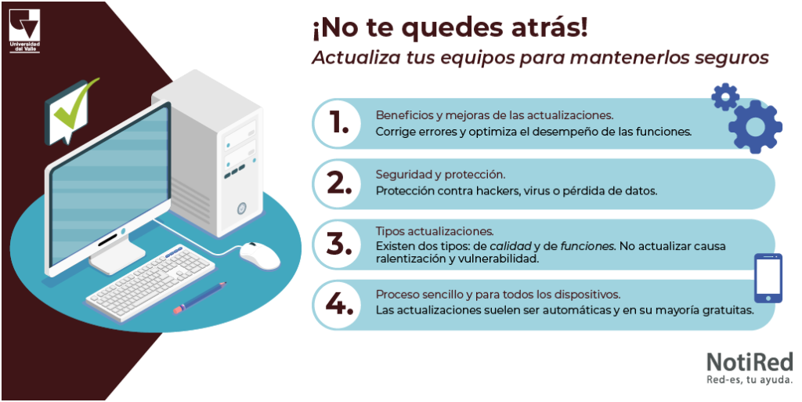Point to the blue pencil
(x=200, y=299)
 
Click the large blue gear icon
(x=755, y=126)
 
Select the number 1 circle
(x=338, y=124)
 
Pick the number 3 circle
(x=338, y=244)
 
